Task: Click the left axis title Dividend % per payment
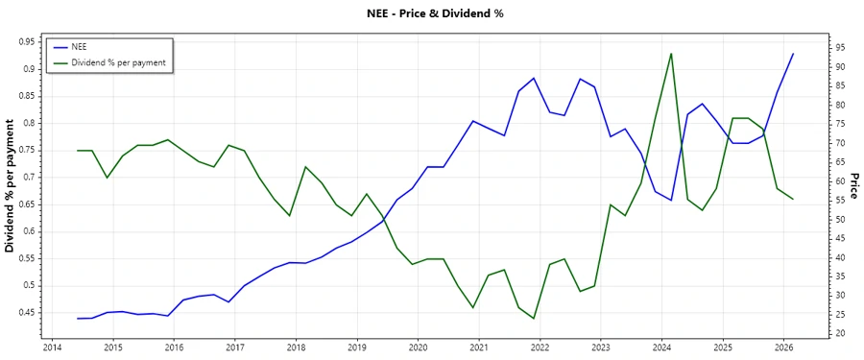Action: pos(11,185)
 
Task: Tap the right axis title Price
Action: pos(853,185)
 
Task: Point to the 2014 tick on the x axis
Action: pos(52,348)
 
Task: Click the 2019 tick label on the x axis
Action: pos(356,348)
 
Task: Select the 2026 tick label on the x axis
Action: pos(783,348)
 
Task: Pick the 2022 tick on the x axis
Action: pos(540,348)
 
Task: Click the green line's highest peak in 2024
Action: pos(671,54)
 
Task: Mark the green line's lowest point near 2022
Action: pos(534,319)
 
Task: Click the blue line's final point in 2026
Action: pos(793,54)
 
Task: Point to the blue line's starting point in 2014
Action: pos(77,318)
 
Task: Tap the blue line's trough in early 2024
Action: pos(671,201)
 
